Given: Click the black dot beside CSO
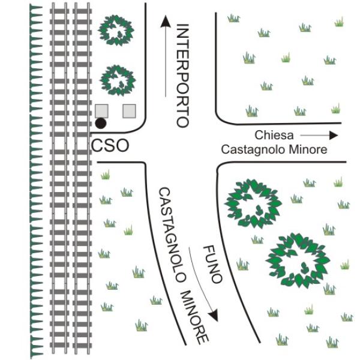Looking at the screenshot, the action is [101, 123].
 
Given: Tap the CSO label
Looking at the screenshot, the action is [110, 146].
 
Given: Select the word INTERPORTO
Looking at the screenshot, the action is [183, 76].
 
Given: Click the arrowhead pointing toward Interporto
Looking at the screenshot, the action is [166, 22].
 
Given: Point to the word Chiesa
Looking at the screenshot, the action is [274, 135].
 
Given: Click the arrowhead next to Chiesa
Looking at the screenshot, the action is [334, 136].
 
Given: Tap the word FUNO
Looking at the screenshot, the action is [213, 264].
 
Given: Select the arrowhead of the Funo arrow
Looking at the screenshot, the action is [214, 315].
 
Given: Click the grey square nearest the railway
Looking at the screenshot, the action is [102, 111].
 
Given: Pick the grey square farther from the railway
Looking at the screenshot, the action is [129, 111].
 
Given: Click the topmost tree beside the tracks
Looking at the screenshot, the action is [116, 31].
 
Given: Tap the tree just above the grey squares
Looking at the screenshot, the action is [118, 80].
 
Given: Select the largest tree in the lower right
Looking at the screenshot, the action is [298, 260].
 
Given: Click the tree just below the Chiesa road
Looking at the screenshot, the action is [253, 203].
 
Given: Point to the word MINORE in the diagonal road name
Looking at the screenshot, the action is [194, 317].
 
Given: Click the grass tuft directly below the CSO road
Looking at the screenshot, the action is [106, 175].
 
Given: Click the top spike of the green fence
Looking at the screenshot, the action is [36, 7].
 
